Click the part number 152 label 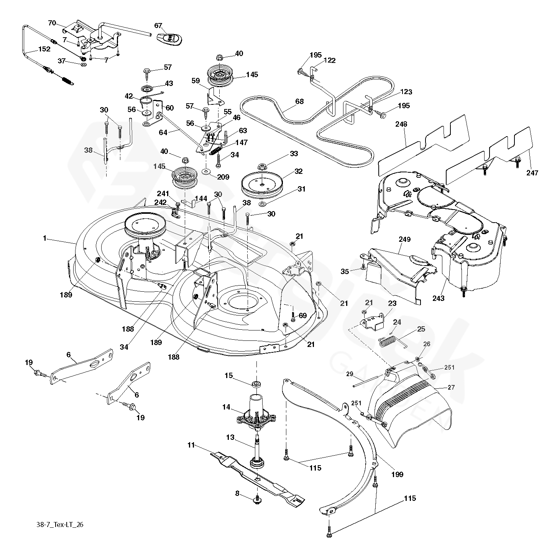[44, 50]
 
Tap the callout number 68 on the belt [299, 101]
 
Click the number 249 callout [404, 240]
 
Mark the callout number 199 [398, 474]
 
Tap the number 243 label [439, 297]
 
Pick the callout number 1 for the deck [44, 238]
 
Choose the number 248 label [402, 124]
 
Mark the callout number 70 [52, 23]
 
